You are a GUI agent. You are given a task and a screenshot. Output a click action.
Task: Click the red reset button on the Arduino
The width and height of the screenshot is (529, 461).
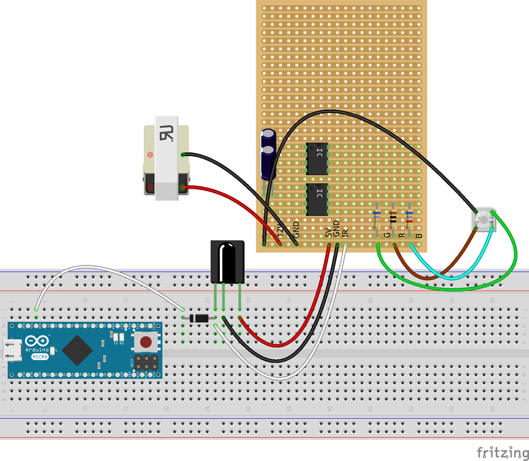click(145, 342)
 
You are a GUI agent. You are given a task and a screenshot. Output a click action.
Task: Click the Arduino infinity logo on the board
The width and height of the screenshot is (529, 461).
click(37, 342)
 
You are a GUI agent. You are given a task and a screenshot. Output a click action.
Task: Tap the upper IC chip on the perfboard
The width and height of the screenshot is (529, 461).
click(317, 159)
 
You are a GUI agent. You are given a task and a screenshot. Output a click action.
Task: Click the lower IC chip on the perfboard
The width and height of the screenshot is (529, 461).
click(317, 199)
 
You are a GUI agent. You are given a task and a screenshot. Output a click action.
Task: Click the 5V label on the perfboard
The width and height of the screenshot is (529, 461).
click(328, 232)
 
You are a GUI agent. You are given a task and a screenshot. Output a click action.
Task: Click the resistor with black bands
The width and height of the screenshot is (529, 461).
click(393, 218)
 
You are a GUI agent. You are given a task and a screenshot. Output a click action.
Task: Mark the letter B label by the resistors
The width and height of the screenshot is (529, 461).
click(419, 235)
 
